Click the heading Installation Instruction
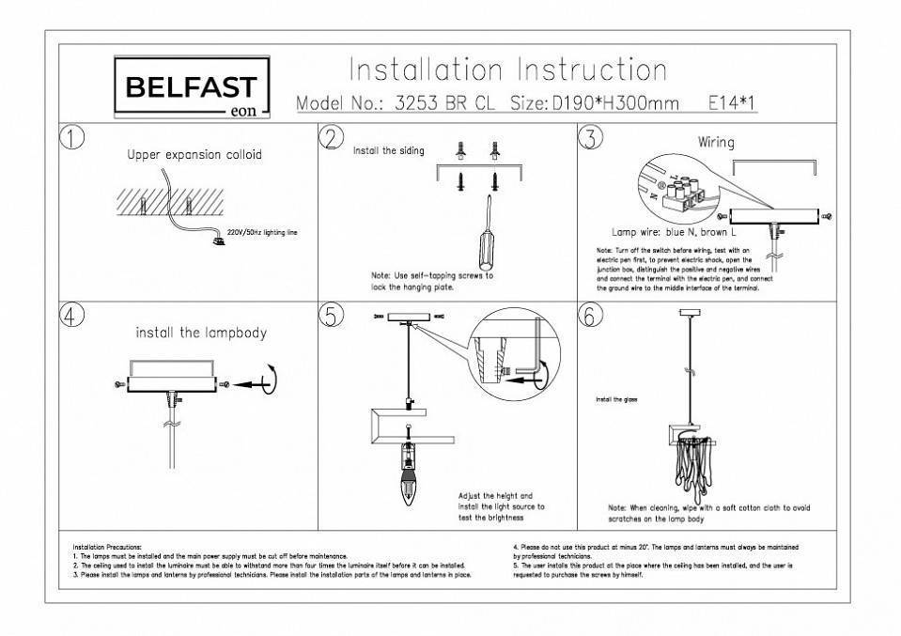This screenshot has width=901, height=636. (507, 70)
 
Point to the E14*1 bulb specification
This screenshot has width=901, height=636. (732, 102)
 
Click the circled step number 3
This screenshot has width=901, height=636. (590, 137)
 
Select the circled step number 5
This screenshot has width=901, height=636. (331, 317)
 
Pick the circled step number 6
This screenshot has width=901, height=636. (590, 317)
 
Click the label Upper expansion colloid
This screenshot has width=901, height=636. (194, 155)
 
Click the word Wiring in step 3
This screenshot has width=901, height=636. (716, 143)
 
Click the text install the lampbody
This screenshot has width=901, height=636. (201, 333)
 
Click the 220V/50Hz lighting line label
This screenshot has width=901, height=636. (262, 230)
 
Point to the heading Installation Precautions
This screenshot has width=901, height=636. (107, 546)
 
